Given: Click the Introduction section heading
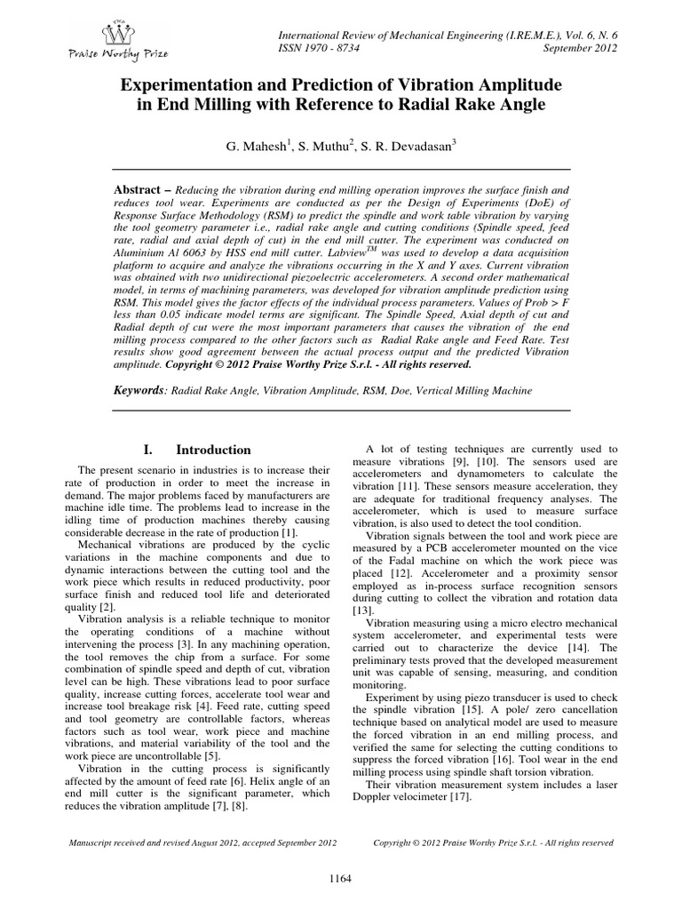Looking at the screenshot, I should (213, 450).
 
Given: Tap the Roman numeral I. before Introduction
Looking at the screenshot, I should (148, 450).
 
